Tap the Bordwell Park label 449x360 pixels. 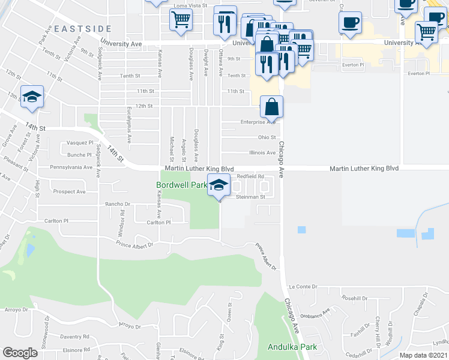pos(181,185)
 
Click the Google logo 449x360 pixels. pos(20,352)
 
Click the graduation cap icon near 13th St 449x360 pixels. pos(32,97)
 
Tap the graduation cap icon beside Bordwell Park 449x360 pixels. pos(219,185)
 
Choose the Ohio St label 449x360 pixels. pos(267,137)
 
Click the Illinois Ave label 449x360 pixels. pos(262,152)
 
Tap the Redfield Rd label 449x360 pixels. pos(250,176)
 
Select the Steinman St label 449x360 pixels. pos(250,196)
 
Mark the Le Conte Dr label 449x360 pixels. pos(302,287)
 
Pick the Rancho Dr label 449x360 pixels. pos(118,203)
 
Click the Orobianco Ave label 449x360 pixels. pos(316,313)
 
